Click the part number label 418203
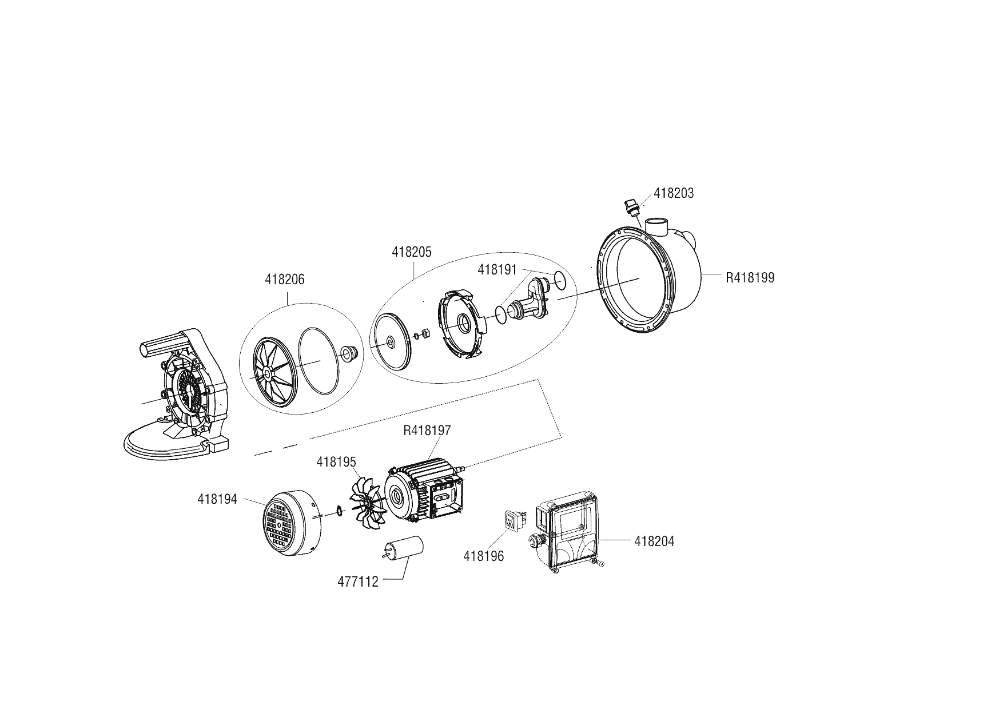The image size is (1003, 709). point(673,193)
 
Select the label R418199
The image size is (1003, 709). point(750,278)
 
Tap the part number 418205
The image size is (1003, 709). point(412,252)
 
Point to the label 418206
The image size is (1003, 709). point(285,280)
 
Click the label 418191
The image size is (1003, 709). point(497,270)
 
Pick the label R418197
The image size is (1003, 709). point(427,431)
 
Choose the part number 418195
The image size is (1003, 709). point(336,462)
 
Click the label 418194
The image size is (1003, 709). point(217,499)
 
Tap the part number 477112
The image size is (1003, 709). point(358,582)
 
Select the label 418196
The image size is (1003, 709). point(484,556)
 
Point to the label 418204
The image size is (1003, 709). point(654,541)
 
